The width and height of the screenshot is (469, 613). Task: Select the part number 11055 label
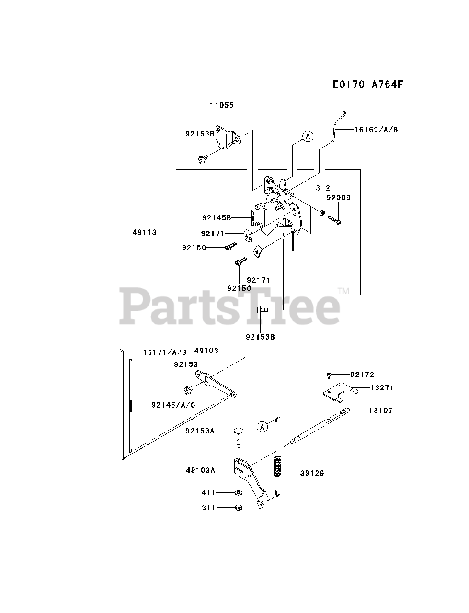[x=222, y=105]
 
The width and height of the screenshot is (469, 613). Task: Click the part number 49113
[x=145, y=232]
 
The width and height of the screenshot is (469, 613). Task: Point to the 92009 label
[x=338, y=197]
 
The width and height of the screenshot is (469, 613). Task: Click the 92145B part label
[x=217, y=217]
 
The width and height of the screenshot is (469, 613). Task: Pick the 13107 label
[x=380, y=410]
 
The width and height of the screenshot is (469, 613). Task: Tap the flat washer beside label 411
[x=238, y=492]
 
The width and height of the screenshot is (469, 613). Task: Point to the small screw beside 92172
[x=329, y=375]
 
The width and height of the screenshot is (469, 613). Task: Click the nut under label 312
[x=323, y=212]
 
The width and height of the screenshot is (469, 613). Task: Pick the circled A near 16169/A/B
[x=308, y=136]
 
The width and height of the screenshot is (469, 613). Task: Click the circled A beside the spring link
[x=262, y=427]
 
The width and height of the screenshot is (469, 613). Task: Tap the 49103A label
[x=200, y=470]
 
